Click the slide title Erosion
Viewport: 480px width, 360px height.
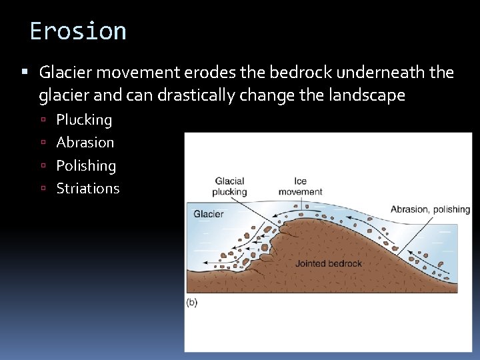click(x=78, y=31)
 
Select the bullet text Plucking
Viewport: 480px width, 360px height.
click(x=84, y=120)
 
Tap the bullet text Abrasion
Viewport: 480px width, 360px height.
click(x=85, y=143)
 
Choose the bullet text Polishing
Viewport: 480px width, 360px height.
click(x=86, y=165)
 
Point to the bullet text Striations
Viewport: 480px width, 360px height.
click(x=88, y=189)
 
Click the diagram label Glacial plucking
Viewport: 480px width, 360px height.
click(x=229, y=186)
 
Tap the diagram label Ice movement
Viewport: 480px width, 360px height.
click(x=300, y=186)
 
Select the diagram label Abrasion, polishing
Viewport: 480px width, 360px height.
click(x=430, y=209)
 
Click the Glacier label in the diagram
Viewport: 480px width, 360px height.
click(x=209, y=214)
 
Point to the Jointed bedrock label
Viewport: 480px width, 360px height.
click(x=329, y=263)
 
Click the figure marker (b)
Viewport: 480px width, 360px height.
click(x=192, y=302)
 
